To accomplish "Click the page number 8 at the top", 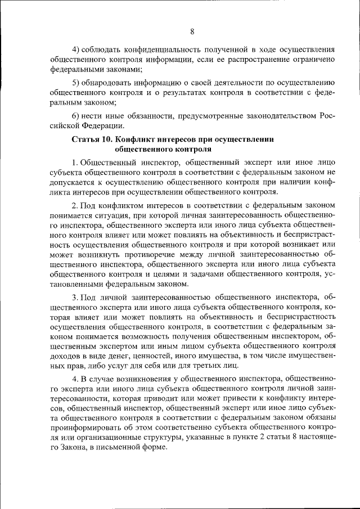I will [x=192, y=31].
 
